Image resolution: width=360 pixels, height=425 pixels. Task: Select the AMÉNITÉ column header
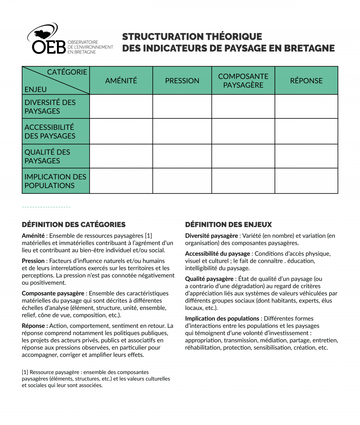click(x=121, y=81)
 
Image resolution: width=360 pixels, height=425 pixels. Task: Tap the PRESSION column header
click(x=182, y=81)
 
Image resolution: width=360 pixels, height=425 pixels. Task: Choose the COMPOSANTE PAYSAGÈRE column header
click(x=243, y=81)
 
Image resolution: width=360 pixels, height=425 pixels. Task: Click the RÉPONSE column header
click(x=306, y=81)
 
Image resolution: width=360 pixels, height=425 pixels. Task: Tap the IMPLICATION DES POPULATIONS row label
click(x=55, y=181)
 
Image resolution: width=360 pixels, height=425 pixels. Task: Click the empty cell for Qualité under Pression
click(x=182, y=156)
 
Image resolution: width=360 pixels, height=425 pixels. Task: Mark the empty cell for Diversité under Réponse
click(x=306, y=107)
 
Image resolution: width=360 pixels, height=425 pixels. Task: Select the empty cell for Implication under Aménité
click(x=121, y=181)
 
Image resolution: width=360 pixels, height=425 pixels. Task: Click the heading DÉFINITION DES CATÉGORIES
click(x=73, y=225)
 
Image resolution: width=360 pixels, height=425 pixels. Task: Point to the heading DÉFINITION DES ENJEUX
click(x=228, y=225)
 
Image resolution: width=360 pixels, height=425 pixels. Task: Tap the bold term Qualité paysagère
click(x=209, y=279)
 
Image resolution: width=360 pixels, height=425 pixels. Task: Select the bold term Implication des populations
click(x=222, y=319)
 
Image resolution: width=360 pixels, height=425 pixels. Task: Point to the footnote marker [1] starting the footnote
click(x=25, y=372)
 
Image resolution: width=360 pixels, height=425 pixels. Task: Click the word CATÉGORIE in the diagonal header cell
click(x=67, y=72)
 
